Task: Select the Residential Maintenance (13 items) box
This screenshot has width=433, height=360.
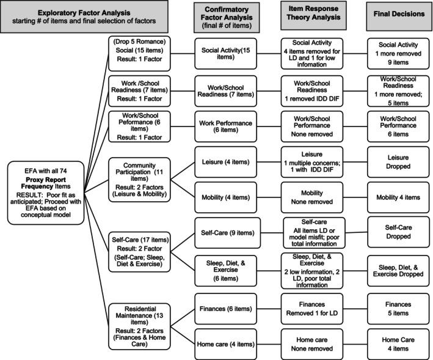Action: (x=138, y=326)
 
